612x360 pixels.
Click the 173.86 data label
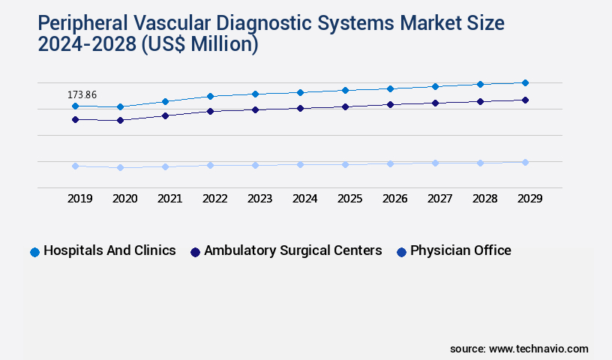[x=82, y=95]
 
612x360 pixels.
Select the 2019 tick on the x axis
[x=80, y=199]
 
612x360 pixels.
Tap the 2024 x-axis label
[x=305, y=199]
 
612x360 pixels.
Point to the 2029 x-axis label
[x=529, y=199]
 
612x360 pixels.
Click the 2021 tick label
[x=170, y=199]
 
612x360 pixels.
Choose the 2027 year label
[x=439, y=199]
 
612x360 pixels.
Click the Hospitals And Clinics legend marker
[x=34, y=252]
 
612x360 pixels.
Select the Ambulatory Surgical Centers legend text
[x=292, y=251]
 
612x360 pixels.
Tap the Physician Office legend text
[x=460, y=251]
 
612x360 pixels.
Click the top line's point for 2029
[x=525, y=82]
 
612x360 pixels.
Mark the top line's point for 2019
[x=75, y=106]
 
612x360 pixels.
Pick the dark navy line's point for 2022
[x=210, y=111]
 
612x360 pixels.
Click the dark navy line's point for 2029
[x=525, y=100]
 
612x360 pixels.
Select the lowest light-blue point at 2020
[x=120, y=167]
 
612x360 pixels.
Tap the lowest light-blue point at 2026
[x=390, y=163]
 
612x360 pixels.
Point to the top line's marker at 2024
[x=300, y=92]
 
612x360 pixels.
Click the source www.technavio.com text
[x=519, y=349]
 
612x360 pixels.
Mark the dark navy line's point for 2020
[x=120, y=120]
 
